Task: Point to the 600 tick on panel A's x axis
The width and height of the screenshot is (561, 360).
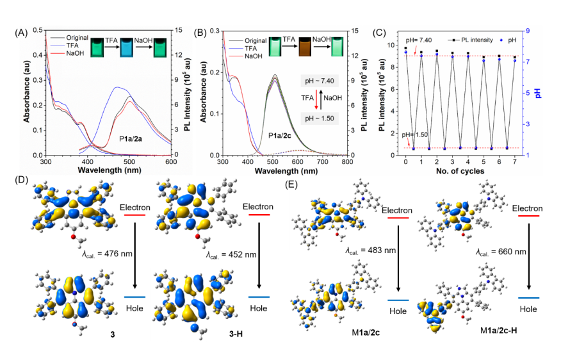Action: tap(172, 163)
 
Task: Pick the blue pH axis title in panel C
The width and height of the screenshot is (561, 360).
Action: tap(538, 93)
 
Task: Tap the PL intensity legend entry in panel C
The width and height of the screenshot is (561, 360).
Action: tap(467, 40)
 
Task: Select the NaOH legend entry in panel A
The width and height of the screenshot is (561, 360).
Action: tap(75, 54)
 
